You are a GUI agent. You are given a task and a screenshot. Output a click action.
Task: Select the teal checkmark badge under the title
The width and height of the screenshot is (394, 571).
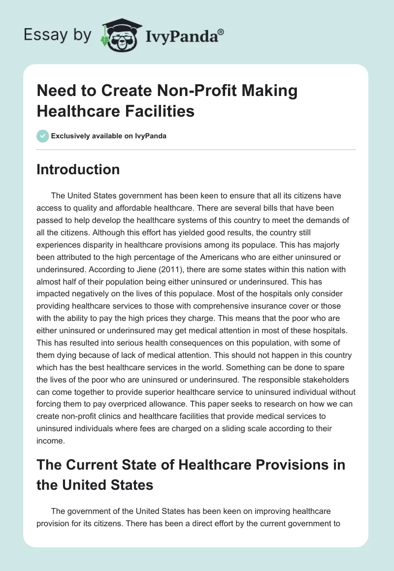click(42, 136)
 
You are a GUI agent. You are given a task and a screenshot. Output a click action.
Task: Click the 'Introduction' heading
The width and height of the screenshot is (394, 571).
click(78, 169)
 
